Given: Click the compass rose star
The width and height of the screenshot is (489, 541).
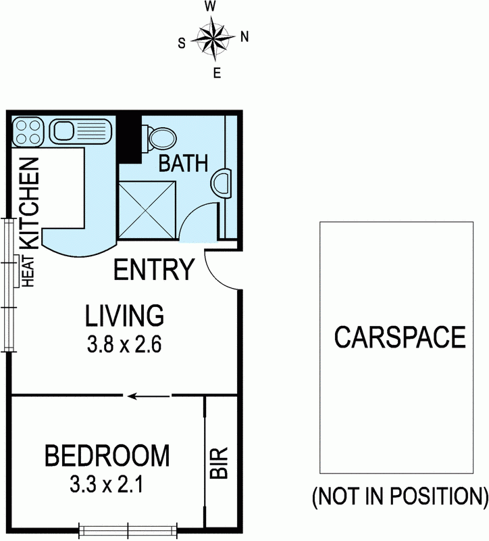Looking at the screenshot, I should tap(213, 38).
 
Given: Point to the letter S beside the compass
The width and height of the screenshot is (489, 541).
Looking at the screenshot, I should tap(182, 43).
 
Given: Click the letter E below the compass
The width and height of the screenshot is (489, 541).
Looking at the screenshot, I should tap(217, 74).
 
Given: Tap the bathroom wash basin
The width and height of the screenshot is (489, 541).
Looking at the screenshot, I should tap(221, 183).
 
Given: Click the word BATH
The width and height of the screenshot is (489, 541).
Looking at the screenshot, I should tap(182, 164).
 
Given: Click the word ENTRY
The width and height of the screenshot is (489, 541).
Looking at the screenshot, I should tap(155, 270).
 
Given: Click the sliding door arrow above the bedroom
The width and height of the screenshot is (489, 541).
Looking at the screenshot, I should tap(141, 396).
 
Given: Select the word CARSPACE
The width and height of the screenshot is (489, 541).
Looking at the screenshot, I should tap(401, 336).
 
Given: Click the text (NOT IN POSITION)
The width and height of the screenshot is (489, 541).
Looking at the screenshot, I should tap(399, 497).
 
